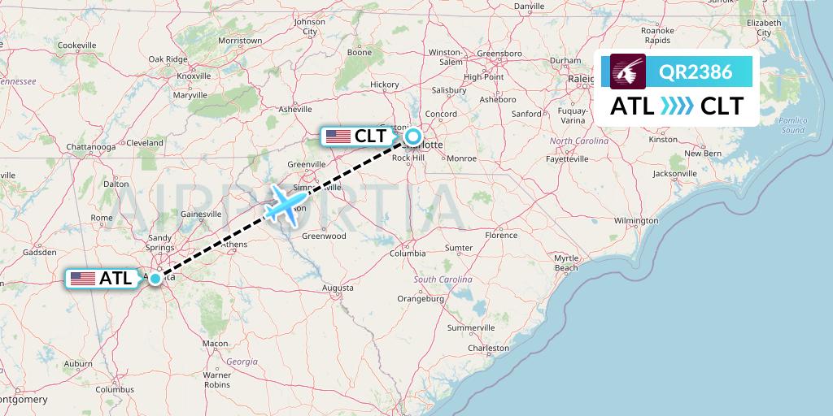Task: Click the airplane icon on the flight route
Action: [x=285, y=204]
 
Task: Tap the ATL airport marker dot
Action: [x=155, y=278]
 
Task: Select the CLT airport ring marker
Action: [x=413, y=136]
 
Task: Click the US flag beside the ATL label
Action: [x=83, y=279]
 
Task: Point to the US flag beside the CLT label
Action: [x=338, y=136]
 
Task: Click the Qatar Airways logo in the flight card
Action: [x=627, y=71]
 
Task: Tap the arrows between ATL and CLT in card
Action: [x=677, y=106]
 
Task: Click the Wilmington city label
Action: [x=636, y=220]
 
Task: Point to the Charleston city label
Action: [x=488, y=348]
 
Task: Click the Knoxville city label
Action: [x=194, y=76]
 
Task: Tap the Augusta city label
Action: [x=338, y=288]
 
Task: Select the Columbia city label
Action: [x=408, y=253]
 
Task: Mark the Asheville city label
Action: [x=294, y=109]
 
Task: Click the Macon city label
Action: [x=216, y=344]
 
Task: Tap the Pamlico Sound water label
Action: [x=792, y=124]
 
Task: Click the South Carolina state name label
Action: [x=443, y=279]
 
